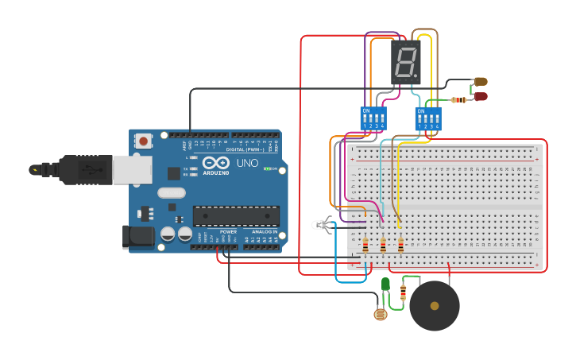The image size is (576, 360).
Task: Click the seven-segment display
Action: pos(405,62)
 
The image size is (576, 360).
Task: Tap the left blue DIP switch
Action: pos(373,119)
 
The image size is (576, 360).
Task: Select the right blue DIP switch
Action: pos(428,119)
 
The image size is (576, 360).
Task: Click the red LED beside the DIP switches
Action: pos(481,97)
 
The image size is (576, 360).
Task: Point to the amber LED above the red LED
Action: pos(481,81)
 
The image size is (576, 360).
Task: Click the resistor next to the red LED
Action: pos(458,100)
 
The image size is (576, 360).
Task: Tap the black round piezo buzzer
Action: pos(434,305)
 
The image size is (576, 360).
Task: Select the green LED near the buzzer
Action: pos(385,284)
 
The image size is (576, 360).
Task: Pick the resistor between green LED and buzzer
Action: pos(403,292)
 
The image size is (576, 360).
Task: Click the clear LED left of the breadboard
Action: pos(322,226)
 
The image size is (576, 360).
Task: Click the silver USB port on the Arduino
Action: pos(131,169)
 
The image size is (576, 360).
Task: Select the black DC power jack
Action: pos(137,237)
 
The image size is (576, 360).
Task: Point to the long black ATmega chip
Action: pos(236,215)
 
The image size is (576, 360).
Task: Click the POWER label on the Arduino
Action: pos(228,254)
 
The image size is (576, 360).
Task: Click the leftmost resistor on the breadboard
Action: pos(365,246)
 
